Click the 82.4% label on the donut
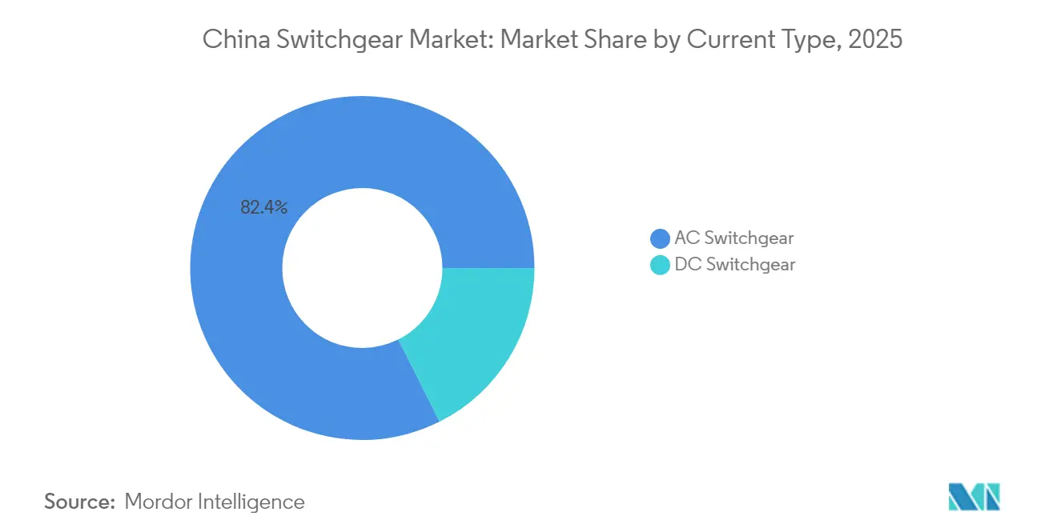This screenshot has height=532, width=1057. click(263, 208)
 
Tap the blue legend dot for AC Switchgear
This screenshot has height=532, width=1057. click(660, 238)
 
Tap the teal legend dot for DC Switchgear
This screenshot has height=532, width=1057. click(660, 265)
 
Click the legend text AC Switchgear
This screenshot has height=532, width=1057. click(734, 238)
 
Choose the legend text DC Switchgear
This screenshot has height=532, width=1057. click(734, 264)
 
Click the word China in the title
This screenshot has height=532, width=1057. click(227, 40)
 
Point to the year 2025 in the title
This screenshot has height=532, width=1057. click(878, 40)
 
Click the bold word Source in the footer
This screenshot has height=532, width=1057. click(79, 502)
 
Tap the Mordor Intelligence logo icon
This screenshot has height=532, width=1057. click(974, 497)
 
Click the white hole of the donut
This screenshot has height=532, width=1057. click(362, 267)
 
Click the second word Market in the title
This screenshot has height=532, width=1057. click(534, 40)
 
